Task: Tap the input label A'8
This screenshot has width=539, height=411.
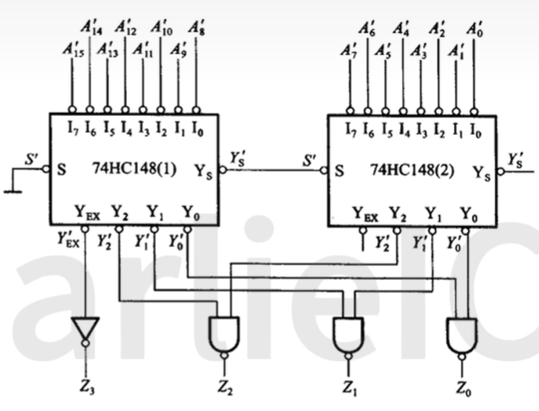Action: pyautogui.click(x=196, y=28)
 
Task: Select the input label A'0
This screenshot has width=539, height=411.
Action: pyautogui.click(x=475, y=29)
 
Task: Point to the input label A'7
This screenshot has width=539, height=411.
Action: pyautogui.click(x=349, y=52)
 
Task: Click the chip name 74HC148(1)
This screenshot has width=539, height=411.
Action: pyautogui.click(x=134, y=169)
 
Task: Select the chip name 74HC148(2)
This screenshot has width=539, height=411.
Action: pyautogui.click(x=412, y=170)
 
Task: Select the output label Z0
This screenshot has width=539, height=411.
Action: pyautogui.click(x=463, y=389)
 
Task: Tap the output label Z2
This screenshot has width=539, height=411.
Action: pyautogui.click(x=225, y=388)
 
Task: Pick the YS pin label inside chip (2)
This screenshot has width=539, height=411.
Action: pyautogui.click(x=482, y=173)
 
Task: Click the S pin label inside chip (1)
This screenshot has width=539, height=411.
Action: pyautogui.click(x=61, y=170)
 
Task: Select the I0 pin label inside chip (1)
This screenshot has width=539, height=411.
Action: pyautogui.click(x=198, y=129)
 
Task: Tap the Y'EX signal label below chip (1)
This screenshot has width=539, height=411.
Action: pyautogui.click(x=68, y=239)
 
